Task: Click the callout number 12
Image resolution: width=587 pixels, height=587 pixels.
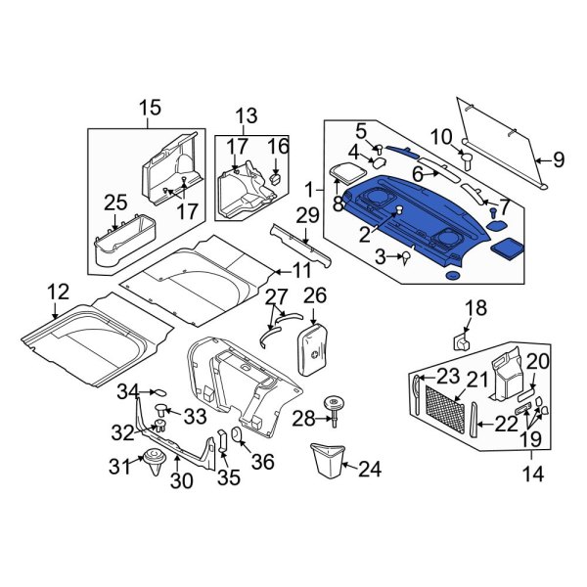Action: (x=57, y=291)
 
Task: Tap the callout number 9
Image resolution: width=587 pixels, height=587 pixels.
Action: (x=559, y=158)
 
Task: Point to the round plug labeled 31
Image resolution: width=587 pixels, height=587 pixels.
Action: (x=153, y=462)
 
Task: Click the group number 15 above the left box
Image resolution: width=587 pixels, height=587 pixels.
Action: (x=149, y=108)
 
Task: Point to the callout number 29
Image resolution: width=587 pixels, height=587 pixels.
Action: (x=307, y=215)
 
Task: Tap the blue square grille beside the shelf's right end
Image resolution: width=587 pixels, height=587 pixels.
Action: (x=506, y=248)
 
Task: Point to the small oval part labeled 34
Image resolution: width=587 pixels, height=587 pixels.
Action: (x=163, y=393)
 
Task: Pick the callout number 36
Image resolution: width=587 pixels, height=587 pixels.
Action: (x=263, y=460)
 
